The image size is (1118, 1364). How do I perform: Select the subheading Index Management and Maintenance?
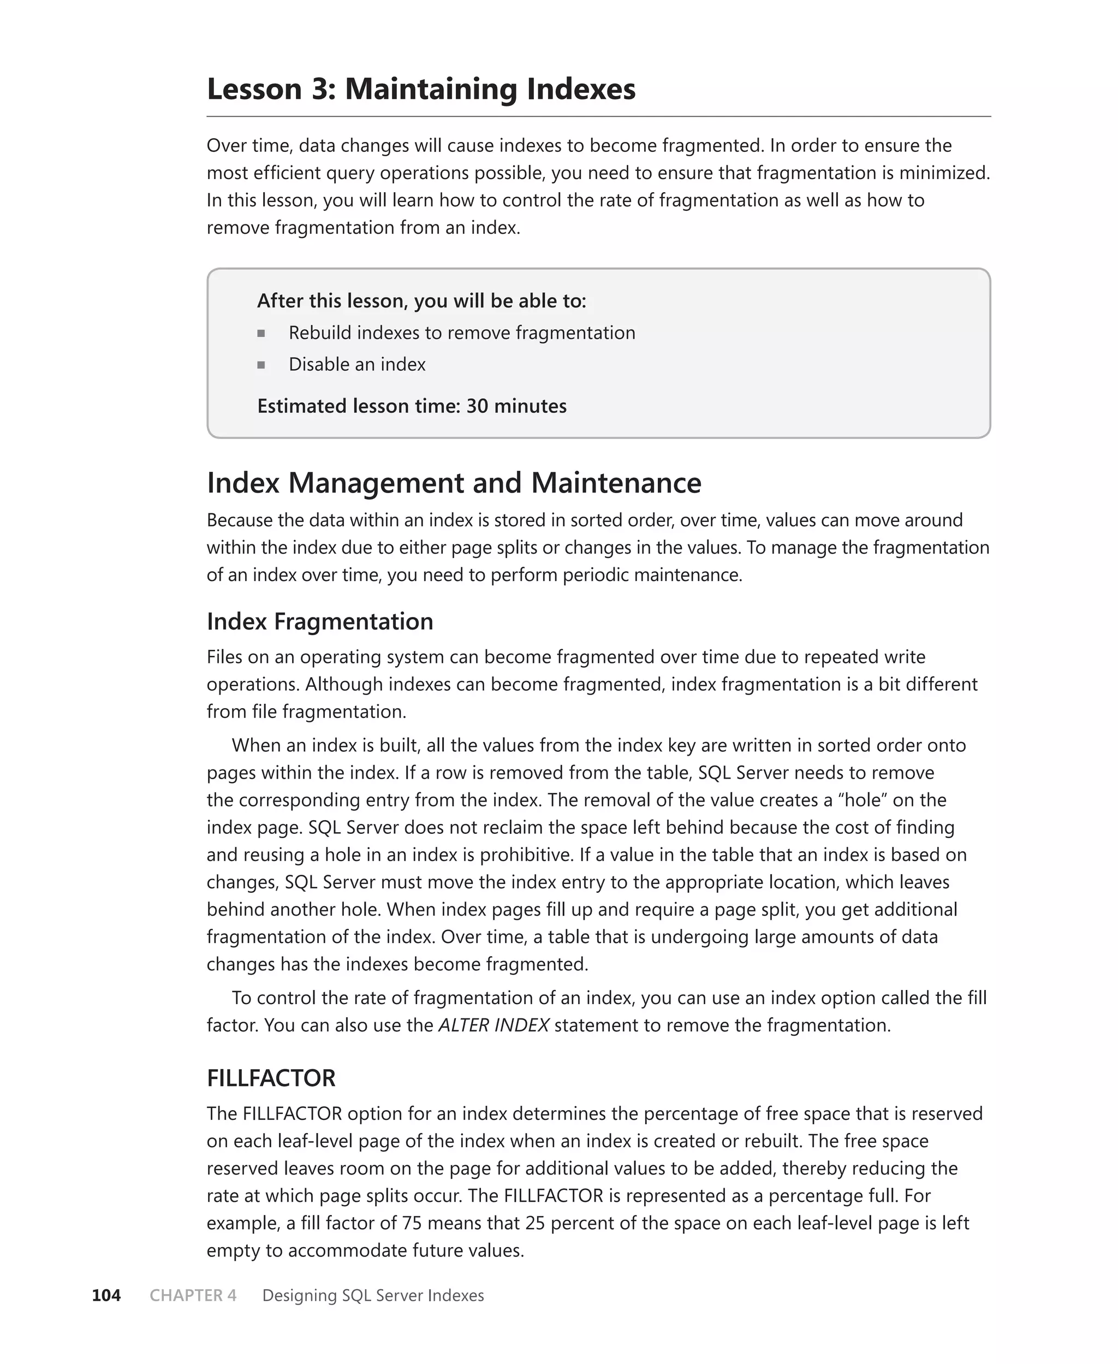(454, 483)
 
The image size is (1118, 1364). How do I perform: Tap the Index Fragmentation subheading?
(319, 621)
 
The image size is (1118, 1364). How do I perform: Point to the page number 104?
(106, 1296)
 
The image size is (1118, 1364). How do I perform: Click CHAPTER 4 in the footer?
(193, 1296)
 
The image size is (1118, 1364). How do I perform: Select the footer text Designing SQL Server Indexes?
(373, 1296)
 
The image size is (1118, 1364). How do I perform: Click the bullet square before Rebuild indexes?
(261, 334)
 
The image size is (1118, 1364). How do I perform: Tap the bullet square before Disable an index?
(261, 365)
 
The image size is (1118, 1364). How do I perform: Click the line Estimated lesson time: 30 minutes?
(412, 406)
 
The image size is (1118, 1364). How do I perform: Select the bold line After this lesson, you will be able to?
(421, 301)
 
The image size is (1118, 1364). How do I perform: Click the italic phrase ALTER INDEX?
(493, 1025)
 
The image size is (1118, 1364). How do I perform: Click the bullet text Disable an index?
(357, 365)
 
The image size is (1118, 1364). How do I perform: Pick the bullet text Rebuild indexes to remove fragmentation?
(461, 333)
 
